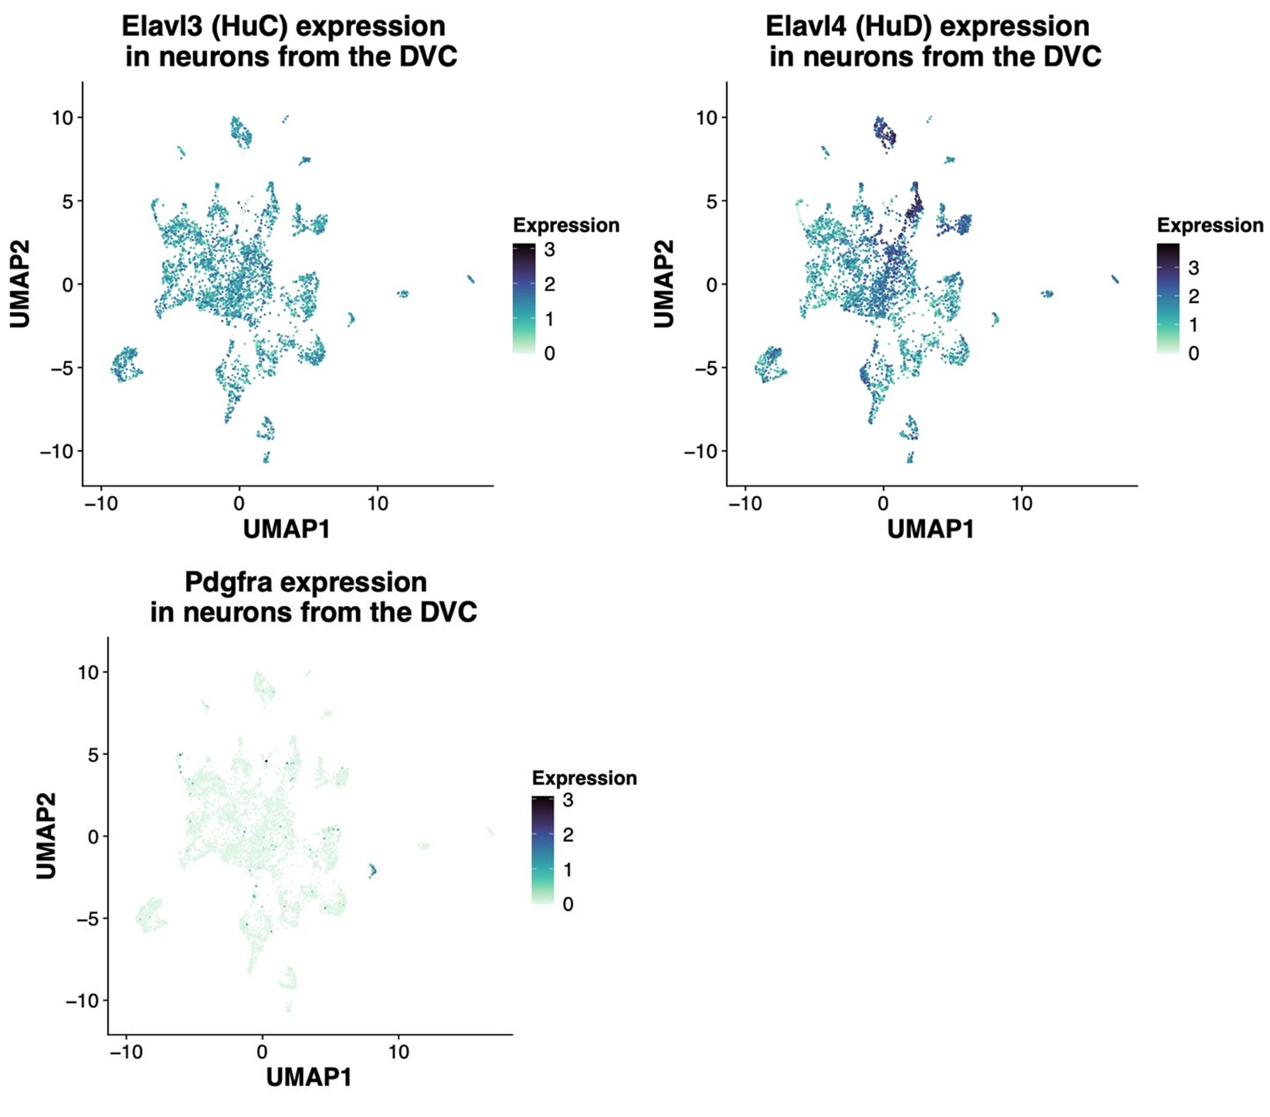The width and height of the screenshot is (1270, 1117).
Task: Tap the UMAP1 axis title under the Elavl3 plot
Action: [286, 529]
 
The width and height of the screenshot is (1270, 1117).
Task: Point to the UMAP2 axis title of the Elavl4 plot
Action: [664, 284]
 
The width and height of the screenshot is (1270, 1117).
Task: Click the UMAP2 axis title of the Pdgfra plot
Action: [46, 836]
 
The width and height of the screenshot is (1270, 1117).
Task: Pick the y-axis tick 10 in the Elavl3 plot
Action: [63, 117]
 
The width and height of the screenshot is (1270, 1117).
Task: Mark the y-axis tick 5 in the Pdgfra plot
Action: [92, 755]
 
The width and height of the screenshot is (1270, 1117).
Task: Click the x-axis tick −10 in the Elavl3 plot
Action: [101, 503]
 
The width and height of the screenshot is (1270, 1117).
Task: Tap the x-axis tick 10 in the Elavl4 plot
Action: [1021, 503]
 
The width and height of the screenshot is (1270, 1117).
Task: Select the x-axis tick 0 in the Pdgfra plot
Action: [262, 1052]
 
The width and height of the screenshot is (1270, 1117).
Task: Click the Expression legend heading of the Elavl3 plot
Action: [566, 225]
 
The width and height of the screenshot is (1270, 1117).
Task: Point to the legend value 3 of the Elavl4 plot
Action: [1193, 268]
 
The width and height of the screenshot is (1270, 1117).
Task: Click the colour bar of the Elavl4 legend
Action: [1168, 298]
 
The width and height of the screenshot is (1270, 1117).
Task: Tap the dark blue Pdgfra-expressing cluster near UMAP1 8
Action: [372, 870]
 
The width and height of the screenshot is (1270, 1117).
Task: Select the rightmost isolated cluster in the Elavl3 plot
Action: [470, 279]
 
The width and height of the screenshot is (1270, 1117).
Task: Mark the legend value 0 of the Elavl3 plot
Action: [549, 354]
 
